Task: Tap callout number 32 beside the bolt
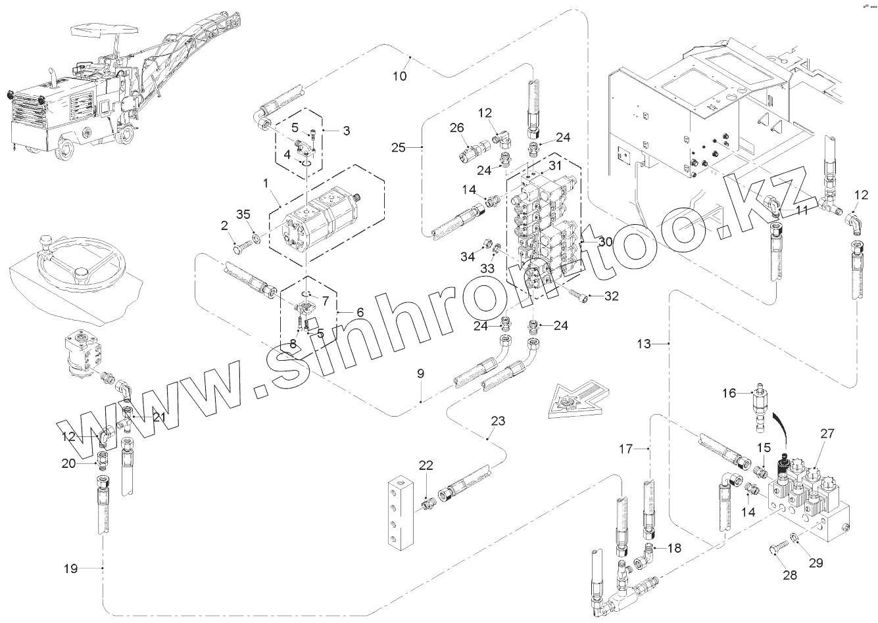pos(612,296)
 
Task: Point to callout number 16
pos(729,393)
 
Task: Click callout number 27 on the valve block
pos(827,434)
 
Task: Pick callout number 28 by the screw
pos(789,575)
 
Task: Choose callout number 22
pos(426,465)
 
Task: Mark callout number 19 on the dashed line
pos(70,568)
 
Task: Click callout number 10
pos(400,76)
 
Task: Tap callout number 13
pos(644,344)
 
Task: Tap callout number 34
pos(467,256)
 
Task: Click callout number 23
pos(499,421)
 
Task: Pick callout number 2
pos(224,225)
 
